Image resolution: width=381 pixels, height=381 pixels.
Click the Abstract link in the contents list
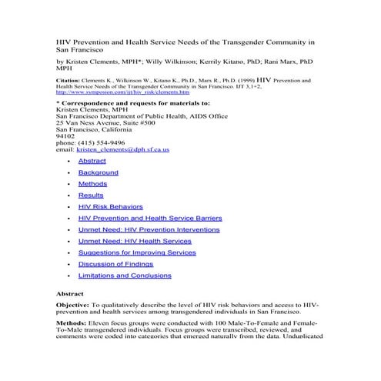[92, 161]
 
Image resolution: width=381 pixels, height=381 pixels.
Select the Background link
[98, 172]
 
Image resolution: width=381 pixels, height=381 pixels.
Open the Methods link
[92, 184]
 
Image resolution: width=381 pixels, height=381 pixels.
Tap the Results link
[91, 196]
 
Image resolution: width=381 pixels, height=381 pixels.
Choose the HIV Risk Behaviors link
[111, 207]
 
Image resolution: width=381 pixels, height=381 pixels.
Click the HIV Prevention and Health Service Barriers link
[150, 219]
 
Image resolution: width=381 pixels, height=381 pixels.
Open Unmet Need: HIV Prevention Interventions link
[149, 230]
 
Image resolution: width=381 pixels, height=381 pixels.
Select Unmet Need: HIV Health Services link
[135, 241]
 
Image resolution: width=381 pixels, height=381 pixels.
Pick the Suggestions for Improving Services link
[137, 252]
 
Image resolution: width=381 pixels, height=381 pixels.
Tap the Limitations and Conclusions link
[125, 276]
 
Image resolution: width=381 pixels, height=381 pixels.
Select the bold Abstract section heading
[70, 294]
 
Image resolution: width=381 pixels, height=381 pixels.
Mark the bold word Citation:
[72, 79]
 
